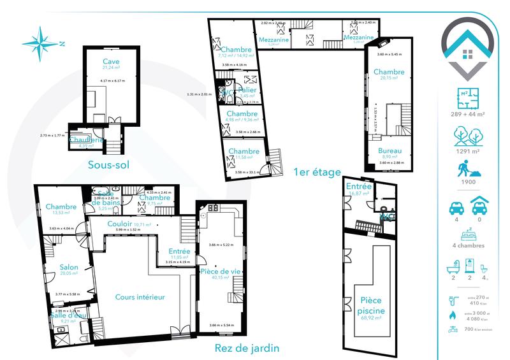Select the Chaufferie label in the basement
click(x=86, y=140)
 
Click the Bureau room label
click(x=389, y=150)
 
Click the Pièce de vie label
click(x=219, y=271)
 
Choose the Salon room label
click(x=69, y=267)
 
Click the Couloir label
click(x=120, y=224)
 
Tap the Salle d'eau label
click(x=68, y=314)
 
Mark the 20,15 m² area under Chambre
click(x=389, y=78)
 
